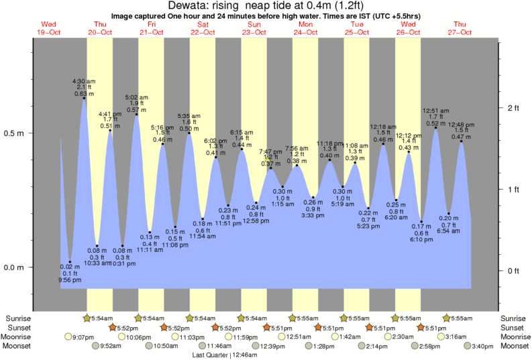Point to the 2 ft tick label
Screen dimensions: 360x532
pyautogui.click(x=513, y=108)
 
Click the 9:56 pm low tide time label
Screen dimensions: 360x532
pyautogui.click(x=70, y=280)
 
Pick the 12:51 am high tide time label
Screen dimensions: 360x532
pyautogui.click(x=435, y=110)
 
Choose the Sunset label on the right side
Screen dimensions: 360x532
pyautogui.click(x=515, y=327)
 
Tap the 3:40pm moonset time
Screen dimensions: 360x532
pyautogui.click(x=482, y=346)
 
